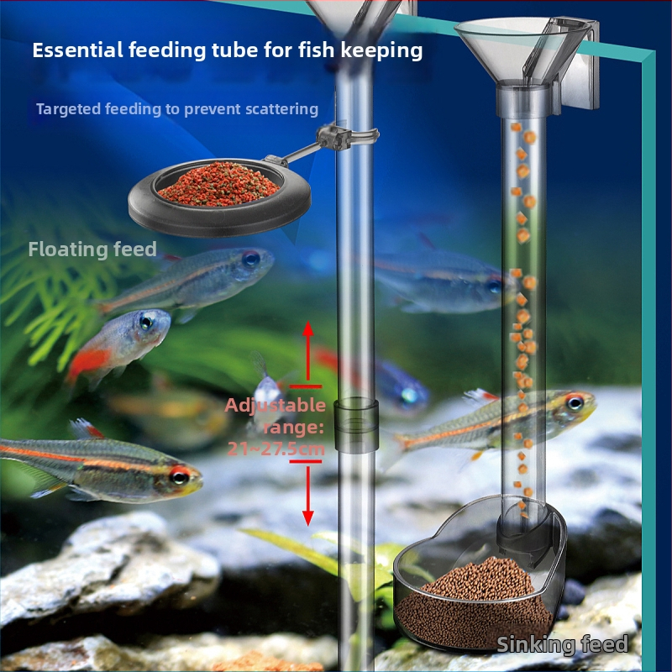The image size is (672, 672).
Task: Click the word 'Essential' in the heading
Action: point(77,50)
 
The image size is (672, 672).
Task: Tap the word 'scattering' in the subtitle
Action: point(279,109)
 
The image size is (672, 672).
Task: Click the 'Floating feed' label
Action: point(92,249)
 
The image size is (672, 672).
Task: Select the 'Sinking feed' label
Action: point(562,645)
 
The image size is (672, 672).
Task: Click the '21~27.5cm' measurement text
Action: point(276,449)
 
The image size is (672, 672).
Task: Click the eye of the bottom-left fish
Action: point(179,476)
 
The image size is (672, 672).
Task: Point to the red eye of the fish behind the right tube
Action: point(574,403)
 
